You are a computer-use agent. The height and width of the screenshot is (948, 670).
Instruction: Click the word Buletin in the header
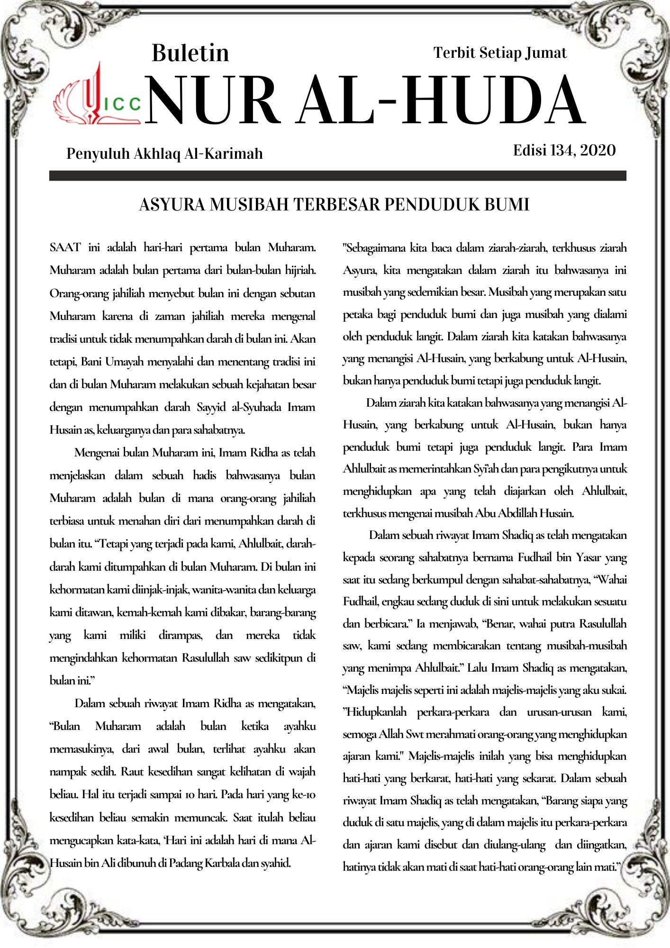pos(190,53)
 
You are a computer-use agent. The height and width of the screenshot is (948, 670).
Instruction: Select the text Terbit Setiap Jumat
pos(500,53)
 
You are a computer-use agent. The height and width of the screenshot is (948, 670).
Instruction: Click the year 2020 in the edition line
pos(598,150)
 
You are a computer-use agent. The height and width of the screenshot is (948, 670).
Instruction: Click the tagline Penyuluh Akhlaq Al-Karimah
pos(164,154)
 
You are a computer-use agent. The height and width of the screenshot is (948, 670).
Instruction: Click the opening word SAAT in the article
pos(65,247)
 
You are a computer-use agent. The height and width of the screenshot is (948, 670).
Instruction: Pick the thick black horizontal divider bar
pos(337,175)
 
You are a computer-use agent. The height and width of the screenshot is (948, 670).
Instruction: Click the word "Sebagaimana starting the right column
pos(374,248)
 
